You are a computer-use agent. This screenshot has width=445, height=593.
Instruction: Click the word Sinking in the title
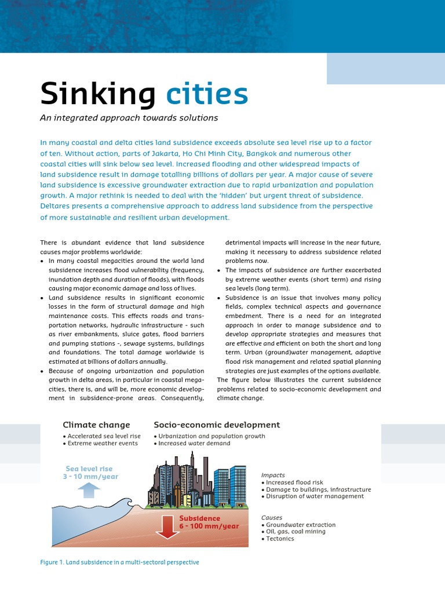click(97, 94)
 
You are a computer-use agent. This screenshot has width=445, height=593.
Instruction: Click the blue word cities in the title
click(207, 94)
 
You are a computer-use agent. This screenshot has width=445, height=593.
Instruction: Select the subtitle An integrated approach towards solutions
click(129, 118)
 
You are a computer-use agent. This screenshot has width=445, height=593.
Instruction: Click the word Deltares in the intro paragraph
click(59, 206)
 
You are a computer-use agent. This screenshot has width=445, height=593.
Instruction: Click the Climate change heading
click(96, 425)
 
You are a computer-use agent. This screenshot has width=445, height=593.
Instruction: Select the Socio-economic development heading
click(217, 425)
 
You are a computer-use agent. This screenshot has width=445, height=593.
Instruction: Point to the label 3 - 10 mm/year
click(90, 477)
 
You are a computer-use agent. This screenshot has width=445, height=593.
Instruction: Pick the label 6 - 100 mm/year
click(209, 526)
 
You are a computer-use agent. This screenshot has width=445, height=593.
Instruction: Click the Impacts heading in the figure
click(273, 475)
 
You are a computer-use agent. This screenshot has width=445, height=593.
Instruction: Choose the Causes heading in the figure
click(272, 518)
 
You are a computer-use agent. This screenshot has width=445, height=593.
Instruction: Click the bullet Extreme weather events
click(103, 443)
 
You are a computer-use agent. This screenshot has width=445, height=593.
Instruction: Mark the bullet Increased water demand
click(194, 443)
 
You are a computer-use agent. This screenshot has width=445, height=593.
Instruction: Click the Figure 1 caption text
click(119, 562)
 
